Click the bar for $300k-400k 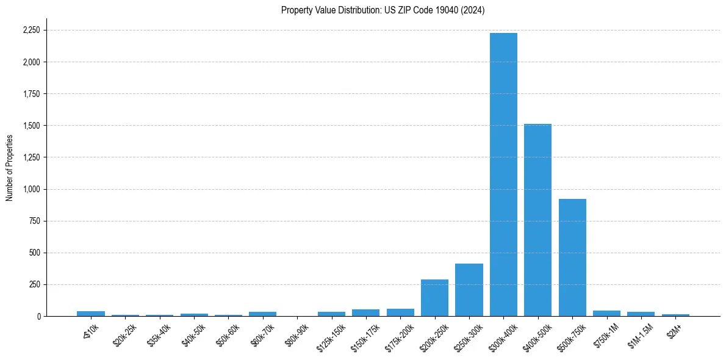pyautogui.click(x=503, y=175)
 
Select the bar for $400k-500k pyautogui.click(x=537, y=220)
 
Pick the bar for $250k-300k pyautogui.click(x=469, y=290)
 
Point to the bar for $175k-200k pyautogui.click(x=400, y=312)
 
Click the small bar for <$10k pyautogui.click(x=91, y=314)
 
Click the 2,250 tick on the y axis pyautogui.click(x=31, y=31)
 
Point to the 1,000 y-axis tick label pyautogui.click(x=31, y=189)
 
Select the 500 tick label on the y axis pyautogui.click(x=35, y=253)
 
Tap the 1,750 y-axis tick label pyautogui.click(x=31, y=94)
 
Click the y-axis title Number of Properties pyautogui.click(x=10, y=168)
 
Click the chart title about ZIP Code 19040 pyautogui.click(x=383, y=10)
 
